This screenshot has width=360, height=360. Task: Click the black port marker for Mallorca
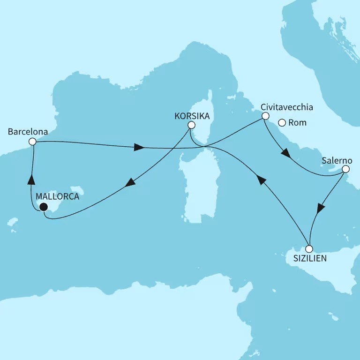tap(44, 207)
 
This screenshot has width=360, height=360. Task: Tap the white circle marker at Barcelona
tap(32, 141)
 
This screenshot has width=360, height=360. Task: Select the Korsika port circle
tap(191, 125)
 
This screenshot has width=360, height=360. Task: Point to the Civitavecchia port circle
tap(265, 116)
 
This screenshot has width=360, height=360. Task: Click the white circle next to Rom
tap(282, 123)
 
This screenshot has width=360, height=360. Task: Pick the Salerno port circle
tap(345, 169)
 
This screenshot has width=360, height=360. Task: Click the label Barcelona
tap(28, 132)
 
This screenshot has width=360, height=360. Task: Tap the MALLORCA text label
tap(57, 197)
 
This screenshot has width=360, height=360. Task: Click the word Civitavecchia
tap(287, 107)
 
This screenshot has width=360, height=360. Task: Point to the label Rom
tap(298, 123)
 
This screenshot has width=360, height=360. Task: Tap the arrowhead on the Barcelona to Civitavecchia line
tap(138, 148)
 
